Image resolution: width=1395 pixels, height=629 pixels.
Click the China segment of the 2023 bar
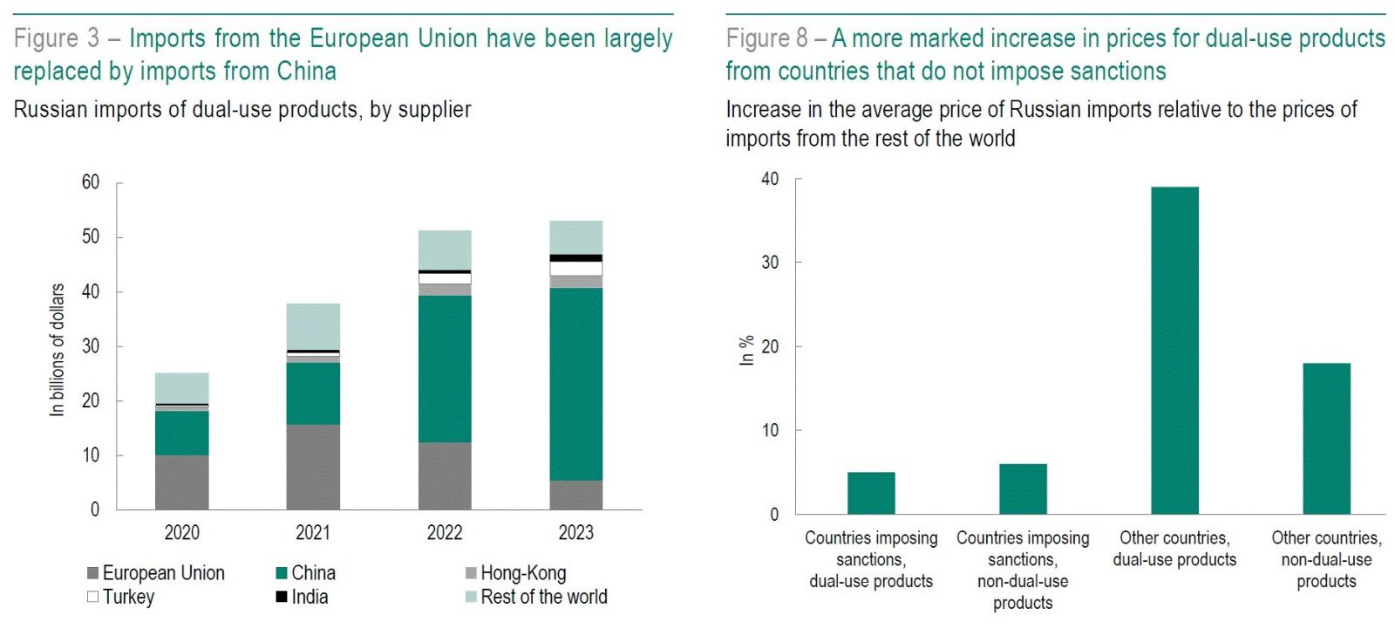[x=575, y=384]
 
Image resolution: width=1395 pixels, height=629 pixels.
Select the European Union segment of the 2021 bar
[x=313, y=467]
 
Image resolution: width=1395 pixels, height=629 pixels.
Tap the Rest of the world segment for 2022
[x=445, y=250]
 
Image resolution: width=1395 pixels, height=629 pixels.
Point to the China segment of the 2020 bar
[x=181, y=433]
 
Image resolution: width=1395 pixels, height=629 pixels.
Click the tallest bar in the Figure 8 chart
[x=1174, y=349]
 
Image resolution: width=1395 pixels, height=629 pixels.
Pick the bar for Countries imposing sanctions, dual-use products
[x=871, y=493]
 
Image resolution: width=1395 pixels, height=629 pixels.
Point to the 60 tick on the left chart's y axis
[x=91, y=182]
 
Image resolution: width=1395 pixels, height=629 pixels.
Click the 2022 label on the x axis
[x=445, y=532]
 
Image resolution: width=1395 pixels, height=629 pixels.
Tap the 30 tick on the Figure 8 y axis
[x=770, y=263]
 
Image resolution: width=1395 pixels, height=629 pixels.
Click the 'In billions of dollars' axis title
[x=58, y=349]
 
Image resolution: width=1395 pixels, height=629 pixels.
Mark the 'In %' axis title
[x=747, y=350]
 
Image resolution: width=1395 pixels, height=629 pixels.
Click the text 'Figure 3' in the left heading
[x=57, y=38]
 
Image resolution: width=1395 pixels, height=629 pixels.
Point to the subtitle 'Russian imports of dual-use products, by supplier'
[x=242, y=110]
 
